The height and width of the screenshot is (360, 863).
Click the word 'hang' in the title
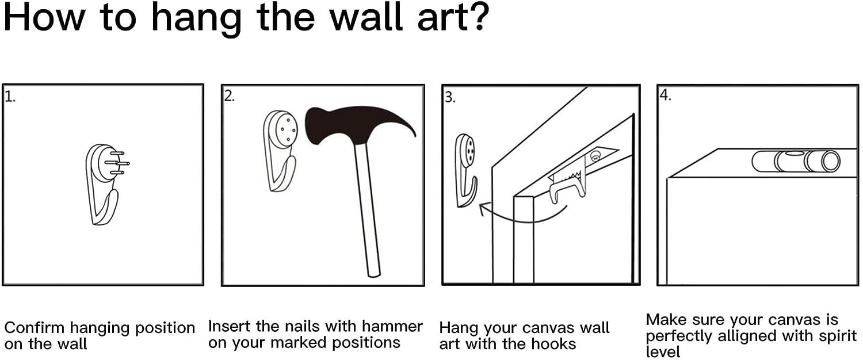(197, 19)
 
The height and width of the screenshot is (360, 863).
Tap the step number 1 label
(10, 96)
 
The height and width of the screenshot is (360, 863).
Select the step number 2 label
(229, 96)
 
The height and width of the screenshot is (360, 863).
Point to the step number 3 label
(450, 97)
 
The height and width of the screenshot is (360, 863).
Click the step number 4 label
(665, 95)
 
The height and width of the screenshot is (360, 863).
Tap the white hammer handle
(367, 210)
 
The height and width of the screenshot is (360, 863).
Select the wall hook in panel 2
(280, 150)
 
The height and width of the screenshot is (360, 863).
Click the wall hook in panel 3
(465, 170)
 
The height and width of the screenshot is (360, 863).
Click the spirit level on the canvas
(796, 162)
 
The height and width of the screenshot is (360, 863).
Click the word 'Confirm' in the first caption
(35, 328)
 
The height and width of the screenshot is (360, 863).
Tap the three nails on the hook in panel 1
(120, 164)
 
